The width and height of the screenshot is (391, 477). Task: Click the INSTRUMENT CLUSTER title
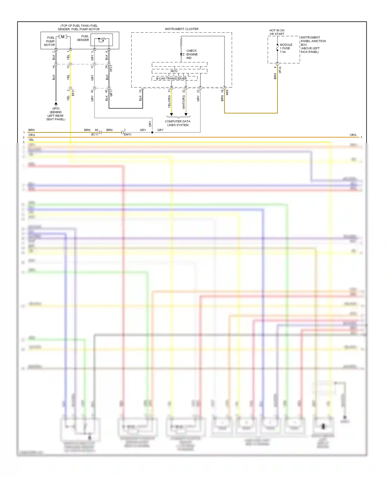click(182, 29)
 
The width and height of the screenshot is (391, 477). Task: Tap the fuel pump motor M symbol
click(63, 37)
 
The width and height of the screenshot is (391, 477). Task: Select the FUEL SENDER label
click(83, 38)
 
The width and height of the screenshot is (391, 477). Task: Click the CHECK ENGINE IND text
click(192, 54)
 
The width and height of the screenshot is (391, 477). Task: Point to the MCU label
click(174, 71)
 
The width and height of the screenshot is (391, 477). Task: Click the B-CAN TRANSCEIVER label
click(171, 79)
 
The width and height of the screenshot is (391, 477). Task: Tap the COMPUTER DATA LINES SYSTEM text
click(178, 123)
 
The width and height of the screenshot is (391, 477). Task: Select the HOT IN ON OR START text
click(277, 32)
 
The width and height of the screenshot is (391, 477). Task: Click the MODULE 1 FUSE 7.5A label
click(286, 48)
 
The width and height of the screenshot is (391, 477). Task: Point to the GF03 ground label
click(56, 109)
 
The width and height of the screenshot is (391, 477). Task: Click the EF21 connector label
click(73, 93)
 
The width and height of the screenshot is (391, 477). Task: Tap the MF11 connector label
click(111, 93)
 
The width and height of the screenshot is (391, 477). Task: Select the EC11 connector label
click(95, 135)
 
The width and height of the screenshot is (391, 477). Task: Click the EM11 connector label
click(128, 135)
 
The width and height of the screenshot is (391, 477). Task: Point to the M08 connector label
click(227, 92)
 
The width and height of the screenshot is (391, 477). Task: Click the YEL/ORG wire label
click(169, 102)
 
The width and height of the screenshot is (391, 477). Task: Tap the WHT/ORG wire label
click(184, 102)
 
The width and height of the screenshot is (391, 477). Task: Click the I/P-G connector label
click(280, 70)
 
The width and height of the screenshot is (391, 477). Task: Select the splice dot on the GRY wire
click(152, 133)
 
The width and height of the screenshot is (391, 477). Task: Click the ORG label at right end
click(353, 135)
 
